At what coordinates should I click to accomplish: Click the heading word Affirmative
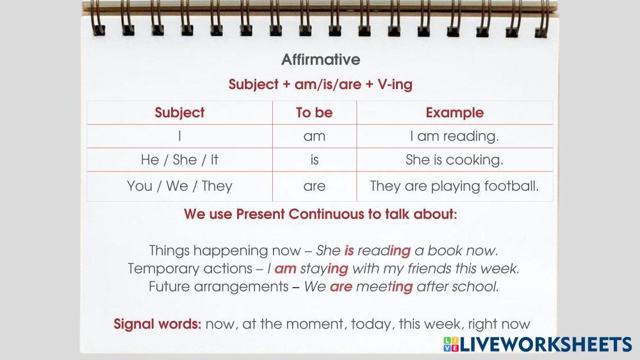(321, 60)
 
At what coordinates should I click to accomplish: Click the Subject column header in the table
(179, 113)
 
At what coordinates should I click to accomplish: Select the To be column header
(315, 113)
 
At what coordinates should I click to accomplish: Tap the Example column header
(455, 113)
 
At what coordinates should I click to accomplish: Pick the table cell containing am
(315, 136)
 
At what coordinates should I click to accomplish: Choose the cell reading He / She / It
(179, 160)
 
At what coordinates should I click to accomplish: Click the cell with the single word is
(315, 160)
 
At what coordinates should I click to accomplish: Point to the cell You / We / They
(179, 186)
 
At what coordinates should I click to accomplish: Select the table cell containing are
(315, 186)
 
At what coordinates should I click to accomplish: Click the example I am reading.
(455, 136)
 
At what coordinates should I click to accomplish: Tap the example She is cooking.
(455, 160)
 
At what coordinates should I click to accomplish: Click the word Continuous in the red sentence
(327, 214)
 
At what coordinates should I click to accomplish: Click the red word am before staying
(285, 269)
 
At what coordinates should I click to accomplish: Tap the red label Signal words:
(158, 324)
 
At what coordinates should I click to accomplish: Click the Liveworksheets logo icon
(451, 344)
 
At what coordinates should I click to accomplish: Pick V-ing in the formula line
(395, 85)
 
